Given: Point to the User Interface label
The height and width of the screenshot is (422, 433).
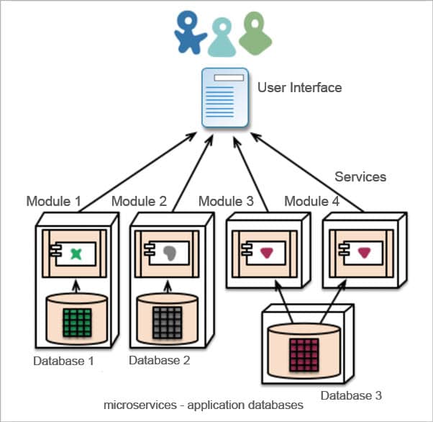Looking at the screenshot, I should coord(299,88).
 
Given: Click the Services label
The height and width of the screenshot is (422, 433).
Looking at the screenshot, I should coord(360,176).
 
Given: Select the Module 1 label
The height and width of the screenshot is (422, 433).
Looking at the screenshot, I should coord(53,201).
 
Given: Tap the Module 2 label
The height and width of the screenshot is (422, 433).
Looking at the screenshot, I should coord(139,201).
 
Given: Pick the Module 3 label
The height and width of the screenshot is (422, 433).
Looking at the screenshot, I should coord(226,201).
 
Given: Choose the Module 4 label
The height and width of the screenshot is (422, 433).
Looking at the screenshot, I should coord(311,201).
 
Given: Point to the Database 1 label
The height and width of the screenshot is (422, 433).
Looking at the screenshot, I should coord(64,361).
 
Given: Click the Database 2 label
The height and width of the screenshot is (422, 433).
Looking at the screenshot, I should coord(159,361).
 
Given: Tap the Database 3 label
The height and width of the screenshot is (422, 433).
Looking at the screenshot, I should coord(352,395).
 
